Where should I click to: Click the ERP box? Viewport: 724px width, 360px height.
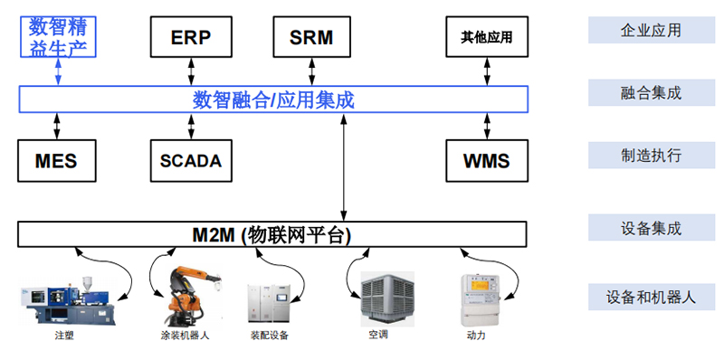click(x=190, y=37)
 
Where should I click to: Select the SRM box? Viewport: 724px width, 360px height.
click(x=311, y=37)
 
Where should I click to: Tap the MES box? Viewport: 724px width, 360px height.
click(x=56, y=162)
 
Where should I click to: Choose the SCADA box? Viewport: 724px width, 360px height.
click(x=190, y=162)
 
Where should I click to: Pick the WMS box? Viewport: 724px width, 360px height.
click(x=486, y=162)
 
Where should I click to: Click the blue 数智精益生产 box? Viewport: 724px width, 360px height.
click(x=58, y=35)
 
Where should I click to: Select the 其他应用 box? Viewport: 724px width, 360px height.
click(x=486, y=37)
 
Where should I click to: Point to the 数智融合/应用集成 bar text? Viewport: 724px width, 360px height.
click(x=272, y=99)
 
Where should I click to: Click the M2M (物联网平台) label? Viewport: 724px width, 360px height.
click(x=271, y=235)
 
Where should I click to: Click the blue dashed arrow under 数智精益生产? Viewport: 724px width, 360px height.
click(x=58, y=71)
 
